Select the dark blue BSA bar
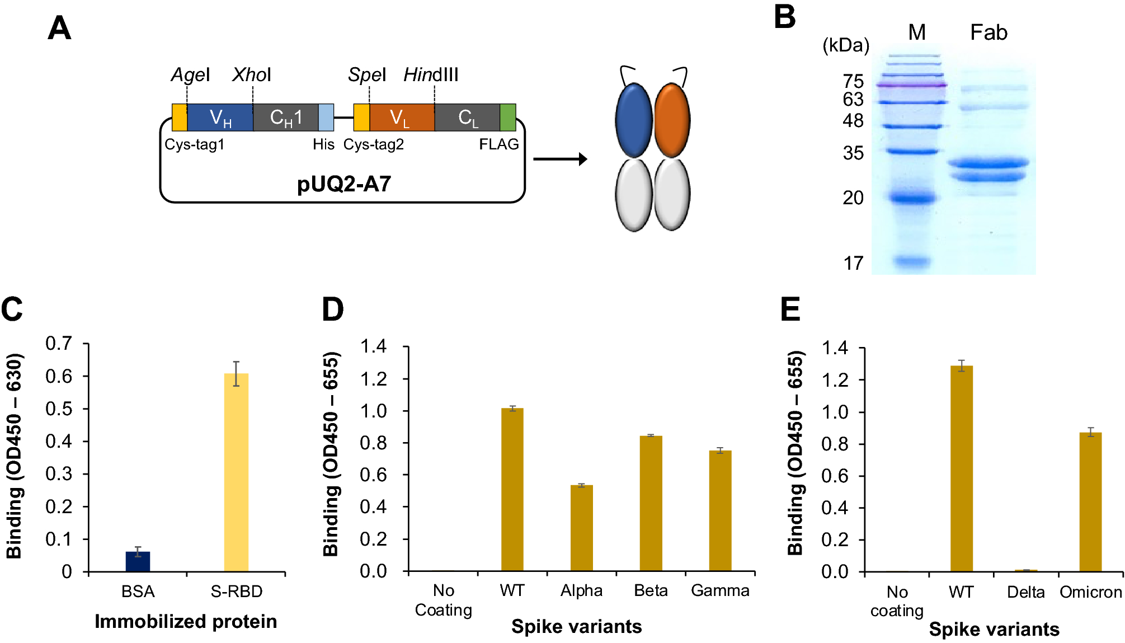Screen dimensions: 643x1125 [138, 561]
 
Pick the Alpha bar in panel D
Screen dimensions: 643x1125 [581, 528]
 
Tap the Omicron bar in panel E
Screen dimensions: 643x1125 [1090, 501]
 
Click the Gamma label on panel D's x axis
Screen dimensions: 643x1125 [720, 591]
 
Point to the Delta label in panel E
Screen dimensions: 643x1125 [1025, 592]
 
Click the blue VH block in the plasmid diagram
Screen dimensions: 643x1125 [220, 118]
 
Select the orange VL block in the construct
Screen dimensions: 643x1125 [402, 118]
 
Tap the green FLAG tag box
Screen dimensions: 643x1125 [507, 118]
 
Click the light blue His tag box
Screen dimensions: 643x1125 [326, 118]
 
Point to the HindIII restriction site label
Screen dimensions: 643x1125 [431, 74]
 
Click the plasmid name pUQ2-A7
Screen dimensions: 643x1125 [343, 184]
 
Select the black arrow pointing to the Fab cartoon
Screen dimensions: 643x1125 [559, 159]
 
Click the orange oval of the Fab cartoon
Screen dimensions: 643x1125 [672, 120]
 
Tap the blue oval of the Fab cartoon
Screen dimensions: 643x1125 [634, 120]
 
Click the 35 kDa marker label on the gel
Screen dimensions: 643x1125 [853, 153]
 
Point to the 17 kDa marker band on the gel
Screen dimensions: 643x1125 [911, 261]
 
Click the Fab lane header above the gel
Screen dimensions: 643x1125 [989, 32]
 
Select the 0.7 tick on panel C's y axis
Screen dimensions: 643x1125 [59, 343]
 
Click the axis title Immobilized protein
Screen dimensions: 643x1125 [186, 622]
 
